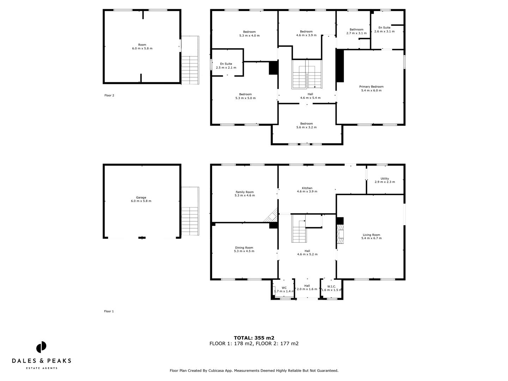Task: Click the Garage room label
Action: click(x=141, y=198)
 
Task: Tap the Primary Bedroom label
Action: click(x=371, y=87)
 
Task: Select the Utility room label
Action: click(x=385, y=179)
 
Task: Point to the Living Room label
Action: click(x=371, y=235)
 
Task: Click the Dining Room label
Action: click(x=244, y=248)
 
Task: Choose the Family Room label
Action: click(x=244, y=192)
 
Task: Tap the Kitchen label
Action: click(x=307, y=188)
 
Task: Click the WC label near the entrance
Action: click(x=284, y=288)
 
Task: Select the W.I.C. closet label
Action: click(x=332, y=286)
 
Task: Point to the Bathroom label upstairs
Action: click(x=356, y=30)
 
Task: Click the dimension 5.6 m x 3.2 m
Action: click(x=306, y=127)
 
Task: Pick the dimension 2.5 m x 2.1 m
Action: click(x=226, y=68)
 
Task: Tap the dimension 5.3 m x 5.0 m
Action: click(x=245, y=98)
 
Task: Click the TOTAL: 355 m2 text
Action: click(x=254, y=338)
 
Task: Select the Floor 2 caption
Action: click(x=109, y=95)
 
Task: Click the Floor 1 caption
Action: click(x=109, y=311)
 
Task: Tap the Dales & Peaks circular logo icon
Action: click(x=41, y=347)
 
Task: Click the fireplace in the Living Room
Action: click(x=340, y=235)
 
